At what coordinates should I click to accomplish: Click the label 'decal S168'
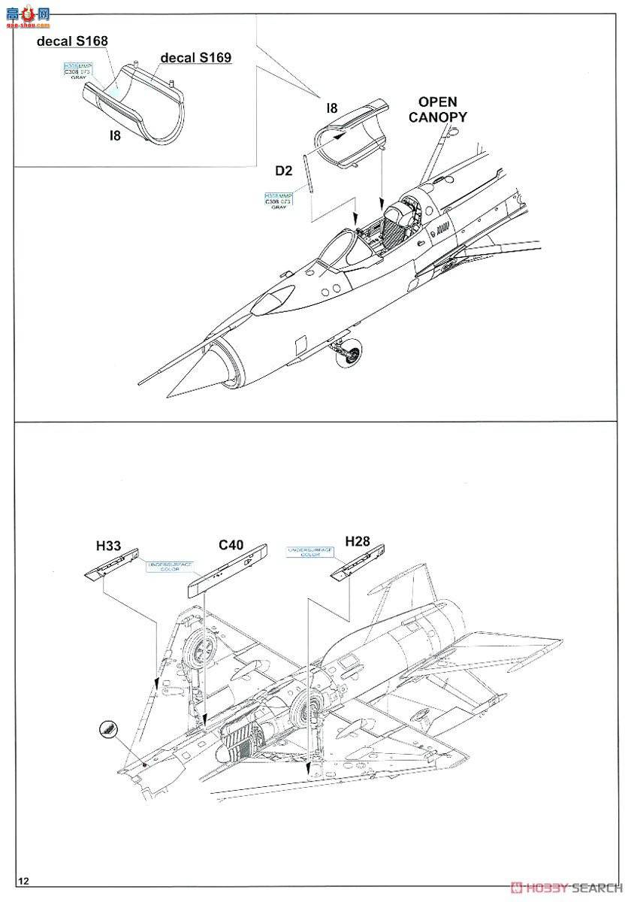tap(73, 41)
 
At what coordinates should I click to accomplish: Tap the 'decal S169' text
tap(195, 57)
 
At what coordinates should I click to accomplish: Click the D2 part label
tap(283, 171)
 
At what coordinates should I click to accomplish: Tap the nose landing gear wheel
tap(352, 353)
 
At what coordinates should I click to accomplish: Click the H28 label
tap(358, 541)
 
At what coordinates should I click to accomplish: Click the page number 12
tap(25, 880)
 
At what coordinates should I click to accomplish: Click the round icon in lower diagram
tap(110, 728)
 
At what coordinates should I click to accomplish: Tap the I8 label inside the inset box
tap(114, 135)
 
